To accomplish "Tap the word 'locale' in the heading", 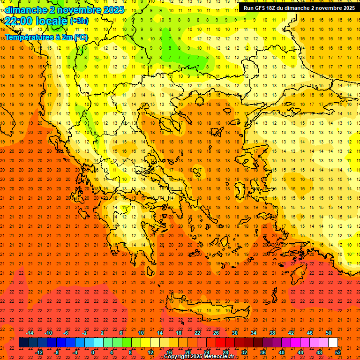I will [x=52, y=21].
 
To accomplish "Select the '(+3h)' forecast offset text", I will [x=79, y=21].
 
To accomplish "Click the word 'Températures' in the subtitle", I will [x=28, y=37].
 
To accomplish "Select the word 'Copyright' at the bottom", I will [x=179, y=357].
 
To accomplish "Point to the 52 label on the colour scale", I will [x=338, y=352].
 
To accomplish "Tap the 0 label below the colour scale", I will [x=93, y=352].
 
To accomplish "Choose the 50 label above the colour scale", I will [x=329, y=333].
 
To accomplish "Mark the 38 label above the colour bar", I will [x=272, y=333].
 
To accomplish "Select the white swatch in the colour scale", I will [x=333, y=343].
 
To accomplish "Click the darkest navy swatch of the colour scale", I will [x=23, y=343].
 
